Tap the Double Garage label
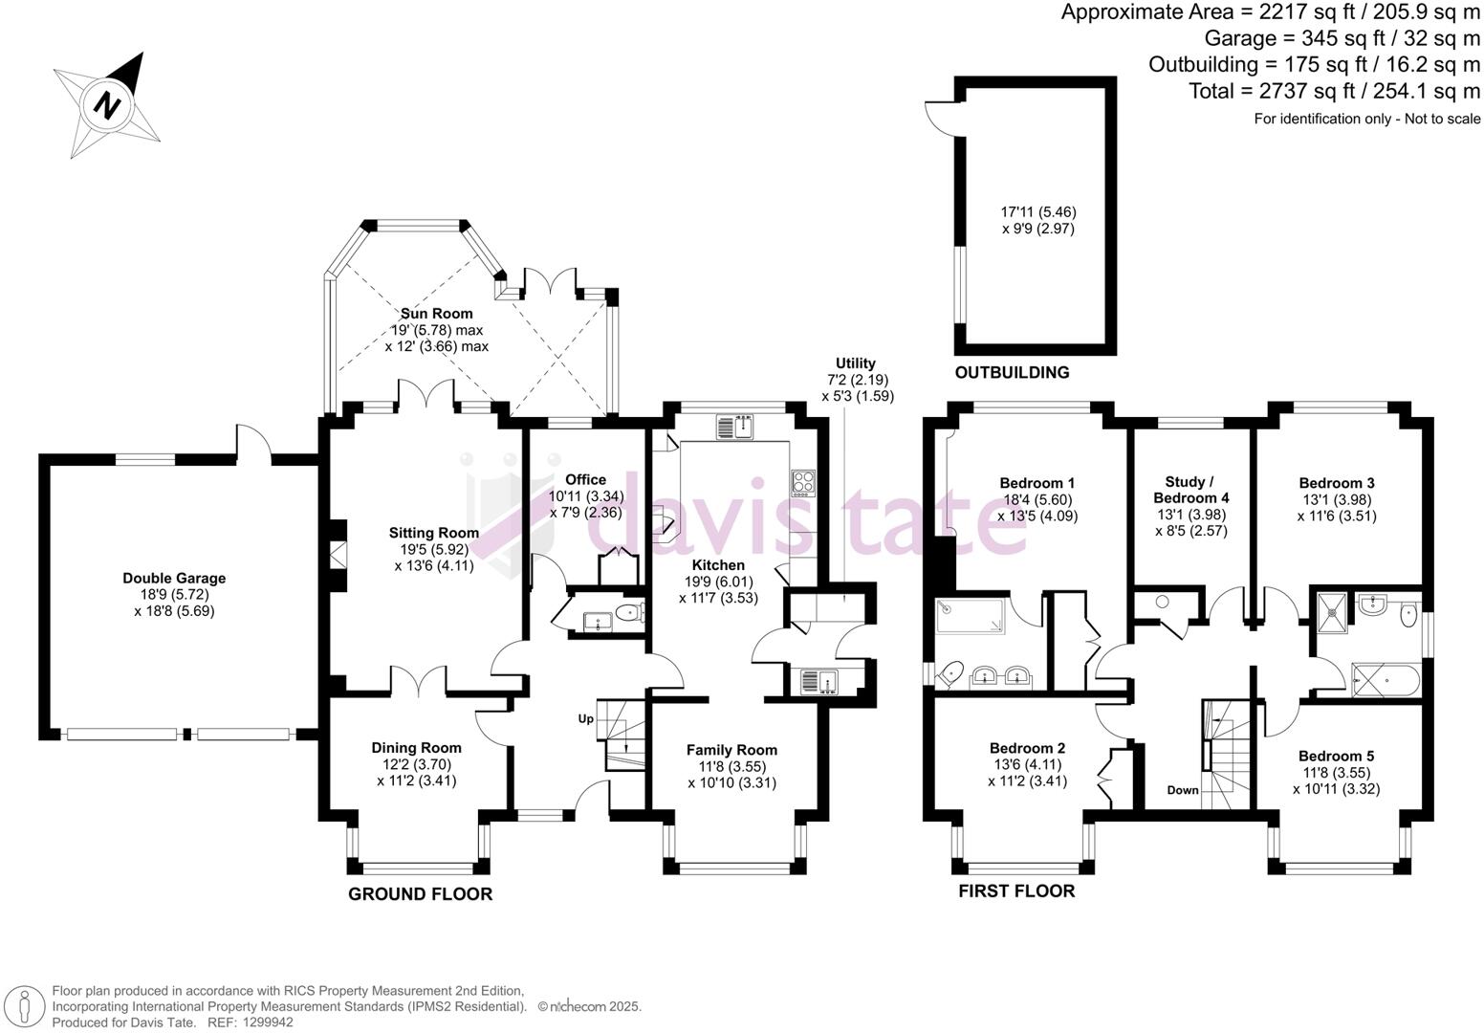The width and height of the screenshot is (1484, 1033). pos(174,578)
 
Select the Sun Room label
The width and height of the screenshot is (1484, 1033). pos(436,314)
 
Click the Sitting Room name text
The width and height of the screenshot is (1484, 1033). pos(433,533)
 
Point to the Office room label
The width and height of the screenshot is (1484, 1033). pos(585,479)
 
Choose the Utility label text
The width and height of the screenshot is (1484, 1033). pos(856,363)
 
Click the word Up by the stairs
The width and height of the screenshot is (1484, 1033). pos(585,718)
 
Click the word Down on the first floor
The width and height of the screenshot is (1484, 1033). pos(1183,790)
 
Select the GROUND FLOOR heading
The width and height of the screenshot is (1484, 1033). pos(420,894)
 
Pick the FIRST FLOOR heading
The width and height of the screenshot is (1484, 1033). pos(1016,891)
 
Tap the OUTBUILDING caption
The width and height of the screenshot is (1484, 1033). pos(1012,372)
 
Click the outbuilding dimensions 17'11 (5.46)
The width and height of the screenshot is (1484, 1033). pos(1038,211)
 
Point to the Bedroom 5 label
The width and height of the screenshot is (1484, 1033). pos(1336,756)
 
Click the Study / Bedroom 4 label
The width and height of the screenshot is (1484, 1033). pos(1190,490)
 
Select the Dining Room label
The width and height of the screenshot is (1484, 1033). pos(416,748)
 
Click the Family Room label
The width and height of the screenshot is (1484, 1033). pos(731,750)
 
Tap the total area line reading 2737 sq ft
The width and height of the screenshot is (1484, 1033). pos(1334,91)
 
